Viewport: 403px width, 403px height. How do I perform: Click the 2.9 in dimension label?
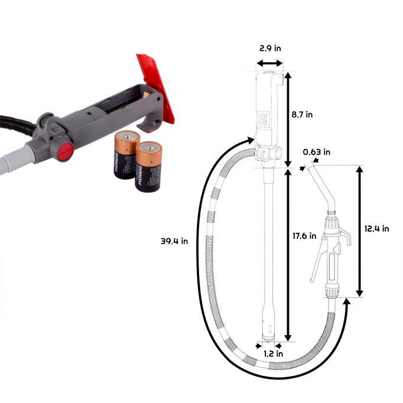[x=270, y=48]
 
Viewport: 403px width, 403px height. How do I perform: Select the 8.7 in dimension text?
[x=302, y=115]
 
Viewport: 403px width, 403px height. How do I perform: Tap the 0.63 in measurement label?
[x=316, y=152]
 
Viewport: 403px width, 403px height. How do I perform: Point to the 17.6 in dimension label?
[x=304, y=236]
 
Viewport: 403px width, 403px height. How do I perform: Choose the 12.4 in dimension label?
[x=376, y=229]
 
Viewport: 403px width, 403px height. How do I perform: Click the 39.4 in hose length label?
[x=174, y=241]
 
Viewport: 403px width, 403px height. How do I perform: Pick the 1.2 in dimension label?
[x=274, y=353]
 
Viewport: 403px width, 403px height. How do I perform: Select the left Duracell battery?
[x=125, y=155]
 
